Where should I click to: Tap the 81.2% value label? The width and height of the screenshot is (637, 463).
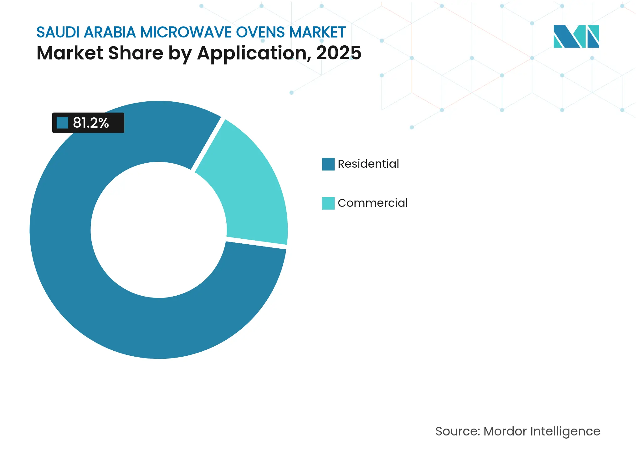(x=91, y=123)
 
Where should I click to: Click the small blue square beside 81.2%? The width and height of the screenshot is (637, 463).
(x=62, y=123)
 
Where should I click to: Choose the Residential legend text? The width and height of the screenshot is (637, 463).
(x=368, y=164)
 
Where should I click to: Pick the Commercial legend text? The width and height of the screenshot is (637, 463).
(x=372, y=203)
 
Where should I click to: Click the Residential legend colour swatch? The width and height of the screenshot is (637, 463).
(x=328, y=164)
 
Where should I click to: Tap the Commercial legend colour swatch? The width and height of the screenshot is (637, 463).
(x=328, y=203)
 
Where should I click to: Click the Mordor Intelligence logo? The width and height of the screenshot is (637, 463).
(x=576, y=36)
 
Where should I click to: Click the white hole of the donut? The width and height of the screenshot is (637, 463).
(x=159, y=230)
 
